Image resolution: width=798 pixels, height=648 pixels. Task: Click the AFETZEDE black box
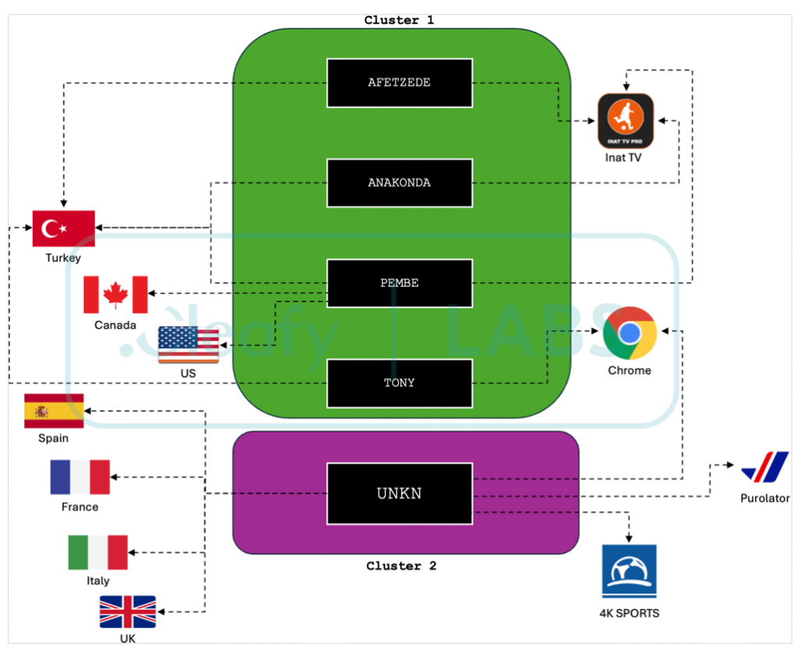click(400, 83)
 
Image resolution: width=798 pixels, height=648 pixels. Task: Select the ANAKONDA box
click(400, 183)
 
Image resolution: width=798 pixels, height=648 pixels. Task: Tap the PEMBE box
click(400, 283)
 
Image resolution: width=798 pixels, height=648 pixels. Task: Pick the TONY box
click(400, 383)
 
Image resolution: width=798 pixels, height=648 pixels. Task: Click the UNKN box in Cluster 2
click(400, 493)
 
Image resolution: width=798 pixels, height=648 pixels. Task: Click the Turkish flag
click(64, 228)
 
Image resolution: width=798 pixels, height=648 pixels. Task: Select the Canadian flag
click(115, 294)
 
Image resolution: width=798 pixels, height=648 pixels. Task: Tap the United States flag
click(189, 344)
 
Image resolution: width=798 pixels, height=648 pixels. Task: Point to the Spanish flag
click(54, 411)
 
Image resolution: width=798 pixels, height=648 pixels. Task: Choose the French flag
click(80, 477)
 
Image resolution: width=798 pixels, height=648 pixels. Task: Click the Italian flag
click(97, 552)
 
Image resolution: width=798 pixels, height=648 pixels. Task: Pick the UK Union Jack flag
click(128, 612)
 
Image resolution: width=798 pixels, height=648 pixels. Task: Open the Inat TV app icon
click(626, 121)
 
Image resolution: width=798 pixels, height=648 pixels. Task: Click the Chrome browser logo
click(630, 333)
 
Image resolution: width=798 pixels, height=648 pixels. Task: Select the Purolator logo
click(765, 467)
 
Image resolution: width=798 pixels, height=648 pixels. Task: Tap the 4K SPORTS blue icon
click(630, 571)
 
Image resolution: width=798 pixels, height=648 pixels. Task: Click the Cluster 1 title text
click(399, 19)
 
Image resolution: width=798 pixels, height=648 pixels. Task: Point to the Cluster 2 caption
click(401, 565)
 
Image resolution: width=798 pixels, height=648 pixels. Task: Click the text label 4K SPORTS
click(630, 614)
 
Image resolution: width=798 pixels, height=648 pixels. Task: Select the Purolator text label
click(765, 498)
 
